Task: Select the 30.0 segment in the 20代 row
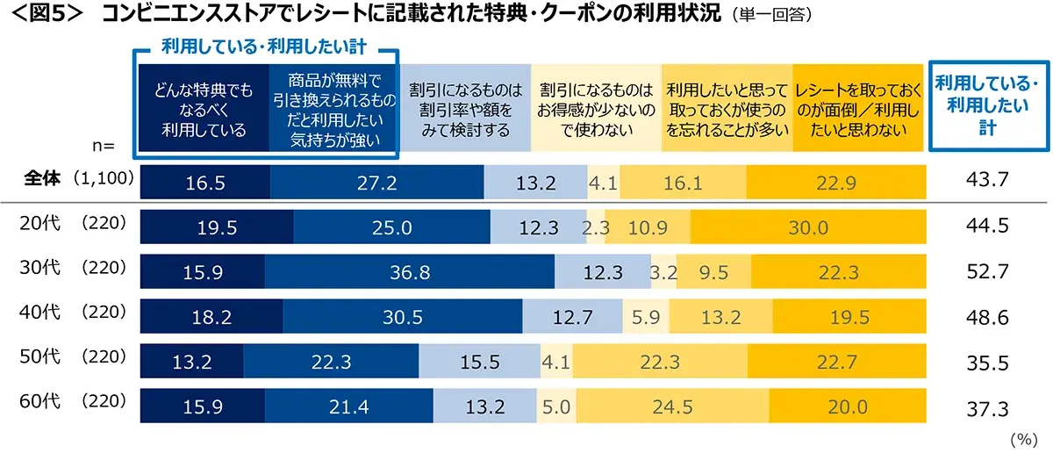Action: (807, 227)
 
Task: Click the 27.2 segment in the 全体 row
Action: (377, 182)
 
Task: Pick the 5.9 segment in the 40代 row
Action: (640, 317)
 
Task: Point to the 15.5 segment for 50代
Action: (480, 363)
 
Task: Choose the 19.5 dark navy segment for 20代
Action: (217, 227)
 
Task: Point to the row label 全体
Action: (41, 178)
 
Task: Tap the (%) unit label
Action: (1024, 438)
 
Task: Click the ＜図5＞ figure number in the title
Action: (44, 14)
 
